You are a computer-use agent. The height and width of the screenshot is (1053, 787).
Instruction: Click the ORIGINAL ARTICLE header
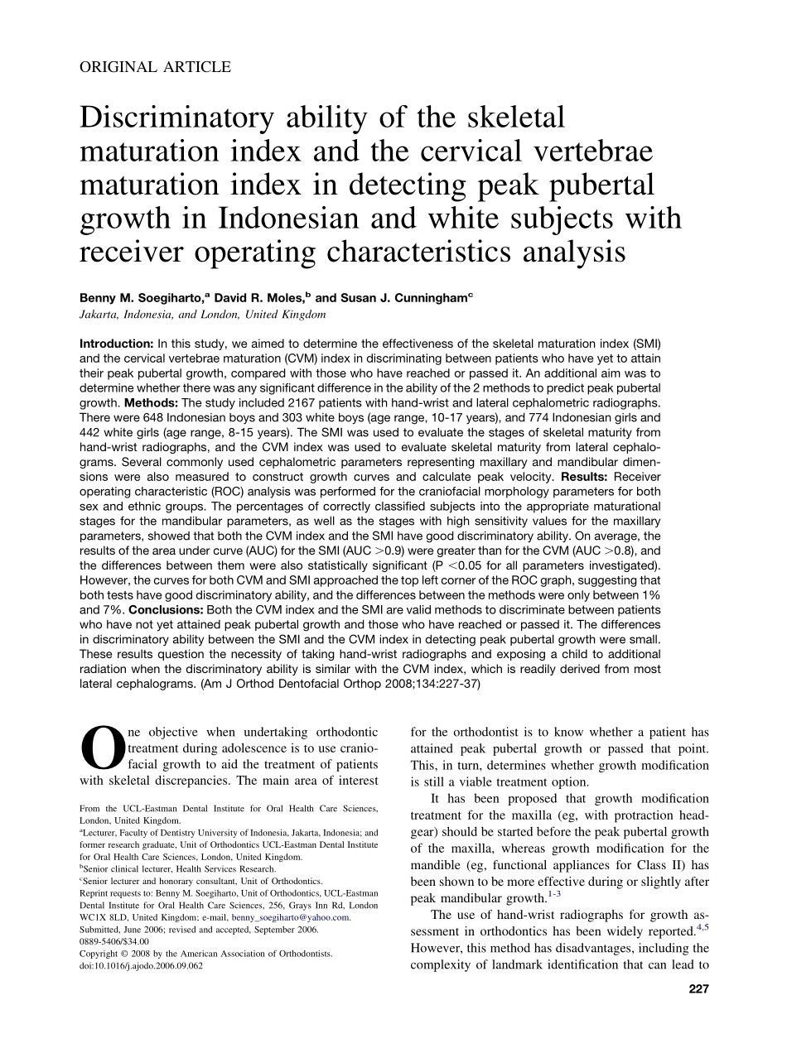tap(155, 68)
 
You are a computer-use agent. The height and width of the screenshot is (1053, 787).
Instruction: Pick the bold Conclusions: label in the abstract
tap(173, 609)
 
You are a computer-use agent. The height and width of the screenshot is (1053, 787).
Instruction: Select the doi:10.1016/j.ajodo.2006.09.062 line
tap(141, 965)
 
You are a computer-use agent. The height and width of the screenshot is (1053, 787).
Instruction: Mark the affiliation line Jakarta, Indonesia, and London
tap(202, 315)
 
